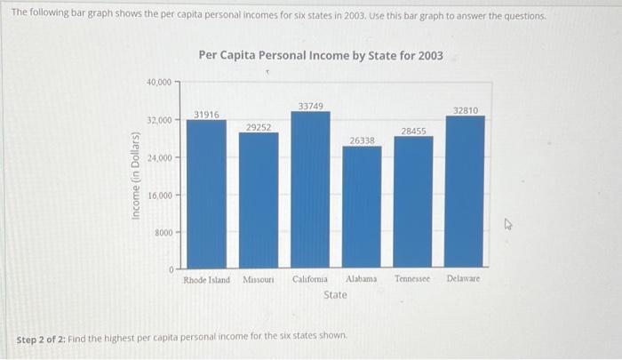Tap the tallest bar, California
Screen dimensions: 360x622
[310, 189]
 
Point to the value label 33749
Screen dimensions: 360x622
[310, 106]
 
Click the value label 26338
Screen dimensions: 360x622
[362, 140]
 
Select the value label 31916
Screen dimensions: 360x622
[206, 114]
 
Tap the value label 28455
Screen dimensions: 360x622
[413, 131]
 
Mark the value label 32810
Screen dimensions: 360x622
[465, 110]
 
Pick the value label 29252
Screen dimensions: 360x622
[259, 127]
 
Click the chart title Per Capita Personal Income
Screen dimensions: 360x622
[321, 55]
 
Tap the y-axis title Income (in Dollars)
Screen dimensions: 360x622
[135, 188]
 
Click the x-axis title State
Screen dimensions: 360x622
[335, 294]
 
